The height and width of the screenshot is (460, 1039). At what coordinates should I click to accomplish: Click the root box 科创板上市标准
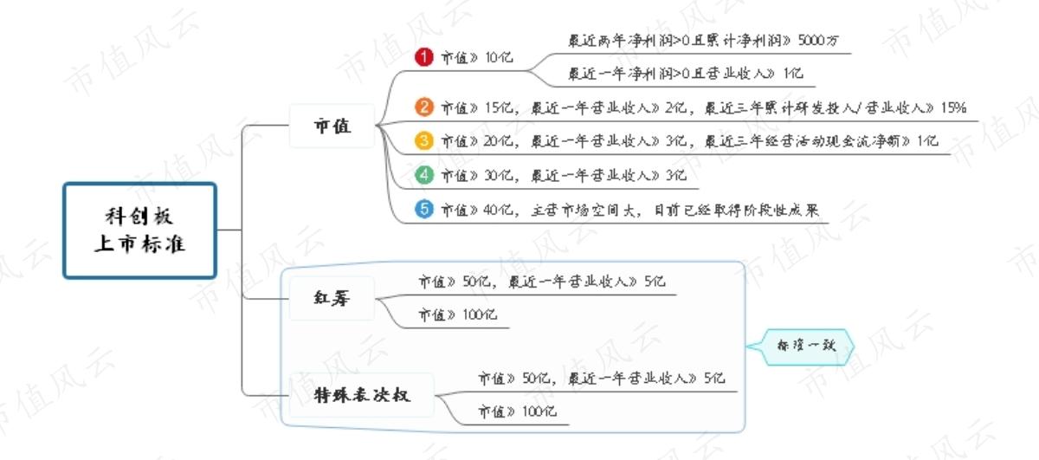[139, 230]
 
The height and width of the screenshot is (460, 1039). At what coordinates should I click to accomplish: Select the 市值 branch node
[332, 126]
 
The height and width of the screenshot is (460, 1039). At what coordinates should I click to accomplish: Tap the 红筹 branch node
[332, 298]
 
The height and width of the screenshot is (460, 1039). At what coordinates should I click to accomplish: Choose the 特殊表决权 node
[362, 395]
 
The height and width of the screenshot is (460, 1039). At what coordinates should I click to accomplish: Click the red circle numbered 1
[424, 57]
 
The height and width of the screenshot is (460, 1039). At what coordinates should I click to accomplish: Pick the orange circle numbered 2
[424, 107]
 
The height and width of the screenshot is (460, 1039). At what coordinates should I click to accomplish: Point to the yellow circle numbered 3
[424, 140]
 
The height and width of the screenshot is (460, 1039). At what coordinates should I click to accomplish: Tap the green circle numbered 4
[424, 175]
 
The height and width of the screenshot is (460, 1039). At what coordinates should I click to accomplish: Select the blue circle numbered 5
[424, 210]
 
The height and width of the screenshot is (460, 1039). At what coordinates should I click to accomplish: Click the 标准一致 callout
[806, 347]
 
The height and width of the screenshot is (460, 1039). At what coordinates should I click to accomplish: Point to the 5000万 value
[818, 41]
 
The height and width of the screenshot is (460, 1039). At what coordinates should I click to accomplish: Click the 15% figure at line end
[953, 107]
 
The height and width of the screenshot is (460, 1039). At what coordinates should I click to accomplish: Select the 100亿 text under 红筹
[480, 314]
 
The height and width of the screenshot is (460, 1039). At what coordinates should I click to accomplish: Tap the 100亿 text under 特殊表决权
[539, 411]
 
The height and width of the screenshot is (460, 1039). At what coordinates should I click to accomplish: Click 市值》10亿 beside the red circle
[477, 57]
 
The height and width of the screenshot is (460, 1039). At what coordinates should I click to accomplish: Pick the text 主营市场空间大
[583, 211]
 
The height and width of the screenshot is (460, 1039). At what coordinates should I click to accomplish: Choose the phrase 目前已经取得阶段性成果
[737, 211]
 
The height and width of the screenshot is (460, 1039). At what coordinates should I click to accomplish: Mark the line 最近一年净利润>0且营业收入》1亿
[686, 74]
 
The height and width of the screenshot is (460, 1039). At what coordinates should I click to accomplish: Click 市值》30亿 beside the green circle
[477, 176]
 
